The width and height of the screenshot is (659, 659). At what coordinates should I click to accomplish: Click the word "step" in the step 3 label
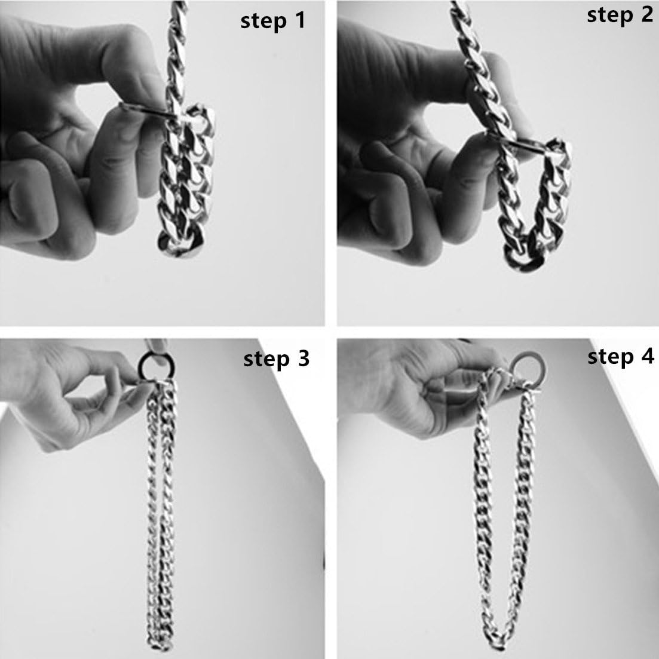266,360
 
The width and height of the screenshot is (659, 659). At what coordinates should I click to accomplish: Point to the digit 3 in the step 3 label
303,358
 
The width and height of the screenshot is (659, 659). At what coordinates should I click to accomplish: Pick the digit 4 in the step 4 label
647,356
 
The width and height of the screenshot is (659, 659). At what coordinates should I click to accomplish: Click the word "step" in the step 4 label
610,358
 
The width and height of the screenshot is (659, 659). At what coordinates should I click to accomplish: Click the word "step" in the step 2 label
610,16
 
